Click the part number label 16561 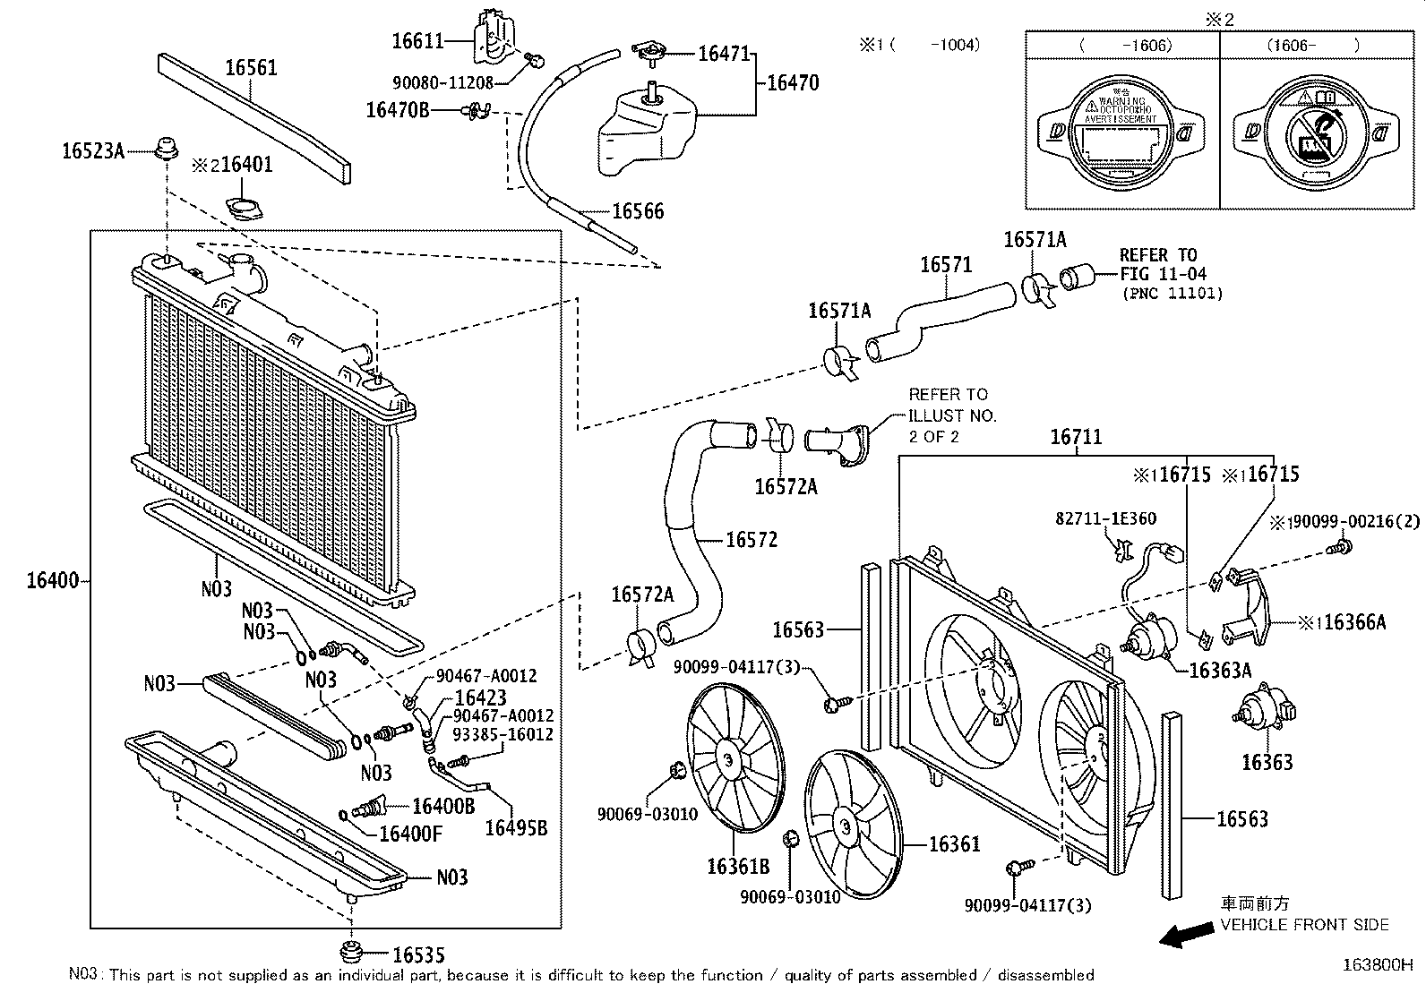(251, 68)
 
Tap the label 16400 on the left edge (53, 580)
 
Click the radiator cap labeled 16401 (244, 210)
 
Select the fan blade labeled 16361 (850, 824)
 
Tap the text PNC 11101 (1171, 293)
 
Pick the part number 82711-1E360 (1104, 518)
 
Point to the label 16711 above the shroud (1075, 437)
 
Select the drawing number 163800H (1377, 965)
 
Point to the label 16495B (515, 828)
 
